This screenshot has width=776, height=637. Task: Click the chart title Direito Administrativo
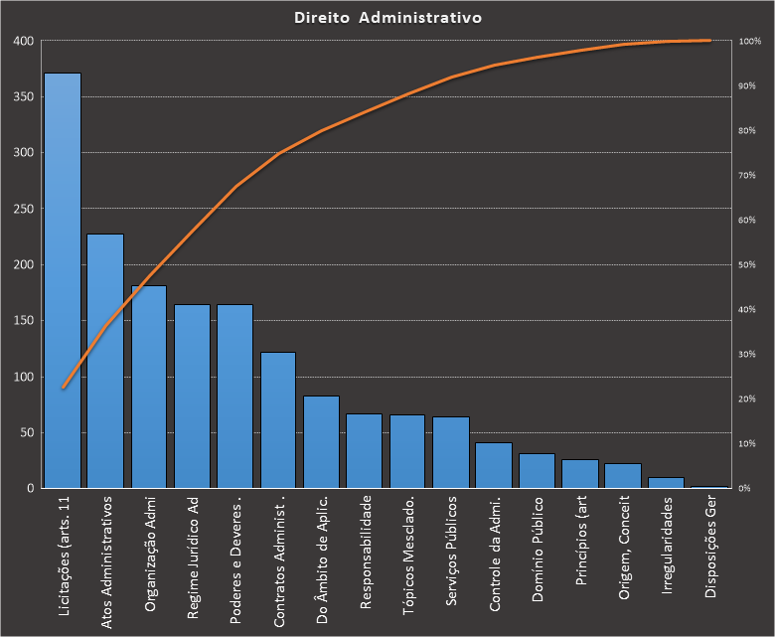[x=388, y=18]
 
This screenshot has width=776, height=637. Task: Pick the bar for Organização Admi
[x=149, y=387]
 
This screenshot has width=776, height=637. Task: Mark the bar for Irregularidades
[x=666, y=483]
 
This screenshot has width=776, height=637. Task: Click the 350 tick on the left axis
[x=23, y=97]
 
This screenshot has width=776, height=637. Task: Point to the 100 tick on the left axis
[x=23, y=377]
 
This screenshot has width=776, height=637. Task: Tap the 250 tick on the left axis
[x=23, y=209]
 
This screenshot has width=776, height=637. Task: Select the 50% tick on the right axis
[x=750, y=264]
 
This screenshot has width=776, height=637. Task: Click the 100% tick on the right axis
[x=749, y=41]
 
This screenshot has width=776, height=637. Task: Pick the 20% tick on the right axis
[x=750, y=398]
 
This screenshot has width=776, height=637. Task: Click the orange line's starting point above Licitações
[x=63, y=388]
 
